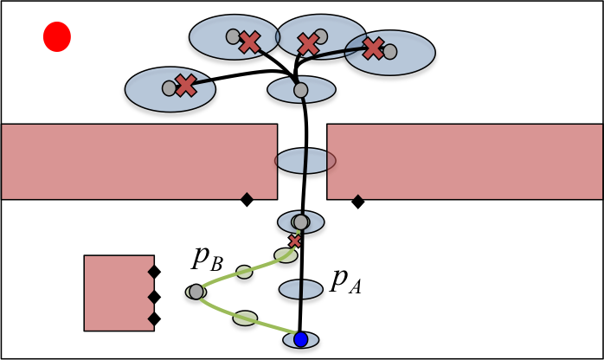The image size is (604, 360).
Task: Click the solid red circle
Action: tap(57, 37)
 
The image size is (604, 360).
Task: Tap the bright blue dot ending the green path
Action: tap(300, 339)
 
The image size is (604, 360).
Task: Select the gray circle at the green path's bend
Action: tap(196, 292)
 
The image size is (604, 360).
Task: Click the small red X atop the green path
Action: tap(295, 241)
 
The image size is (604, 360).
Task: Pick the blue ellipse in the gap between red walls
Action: tap(305, 161)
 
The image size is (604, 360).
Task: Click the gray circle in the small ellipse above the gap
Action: tap(300, 90)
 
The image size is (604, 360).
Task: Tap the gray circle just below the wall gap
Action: tap(300, 222)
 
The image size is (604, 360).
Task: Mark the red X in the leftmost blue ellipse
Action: tap(185, 86)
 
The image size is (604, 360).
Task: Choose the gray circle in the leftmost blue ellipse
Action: tap(169, 88)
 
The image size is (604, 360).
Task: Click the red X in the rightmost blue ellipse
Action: tap(373, 48)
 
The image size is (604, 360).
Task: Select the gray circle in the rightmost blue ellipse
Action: tap(390, 52)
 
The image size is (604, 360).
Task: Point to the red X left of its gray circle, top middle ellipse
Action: tap(308, 44)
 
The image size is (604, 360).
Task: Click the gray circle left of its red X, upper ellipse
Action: tap(233, 36)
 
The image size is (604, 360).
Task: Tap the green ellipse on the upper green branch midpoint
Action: tap(244, 272)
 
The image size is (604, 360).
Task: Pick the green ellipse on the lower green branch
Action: tap(245, 318)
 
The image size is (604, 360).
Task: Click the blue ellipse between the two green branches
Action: tap(300, 289)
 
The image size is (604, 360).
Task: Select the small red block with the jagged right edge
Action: tap(118, 292)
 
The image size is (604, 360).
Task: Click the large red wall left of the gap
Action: tap(138, 161)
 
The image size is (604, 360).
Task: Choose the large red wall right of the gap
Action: tap(465, 161)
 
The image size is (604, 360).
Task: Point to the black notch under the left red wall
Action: tap(247, 197)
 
